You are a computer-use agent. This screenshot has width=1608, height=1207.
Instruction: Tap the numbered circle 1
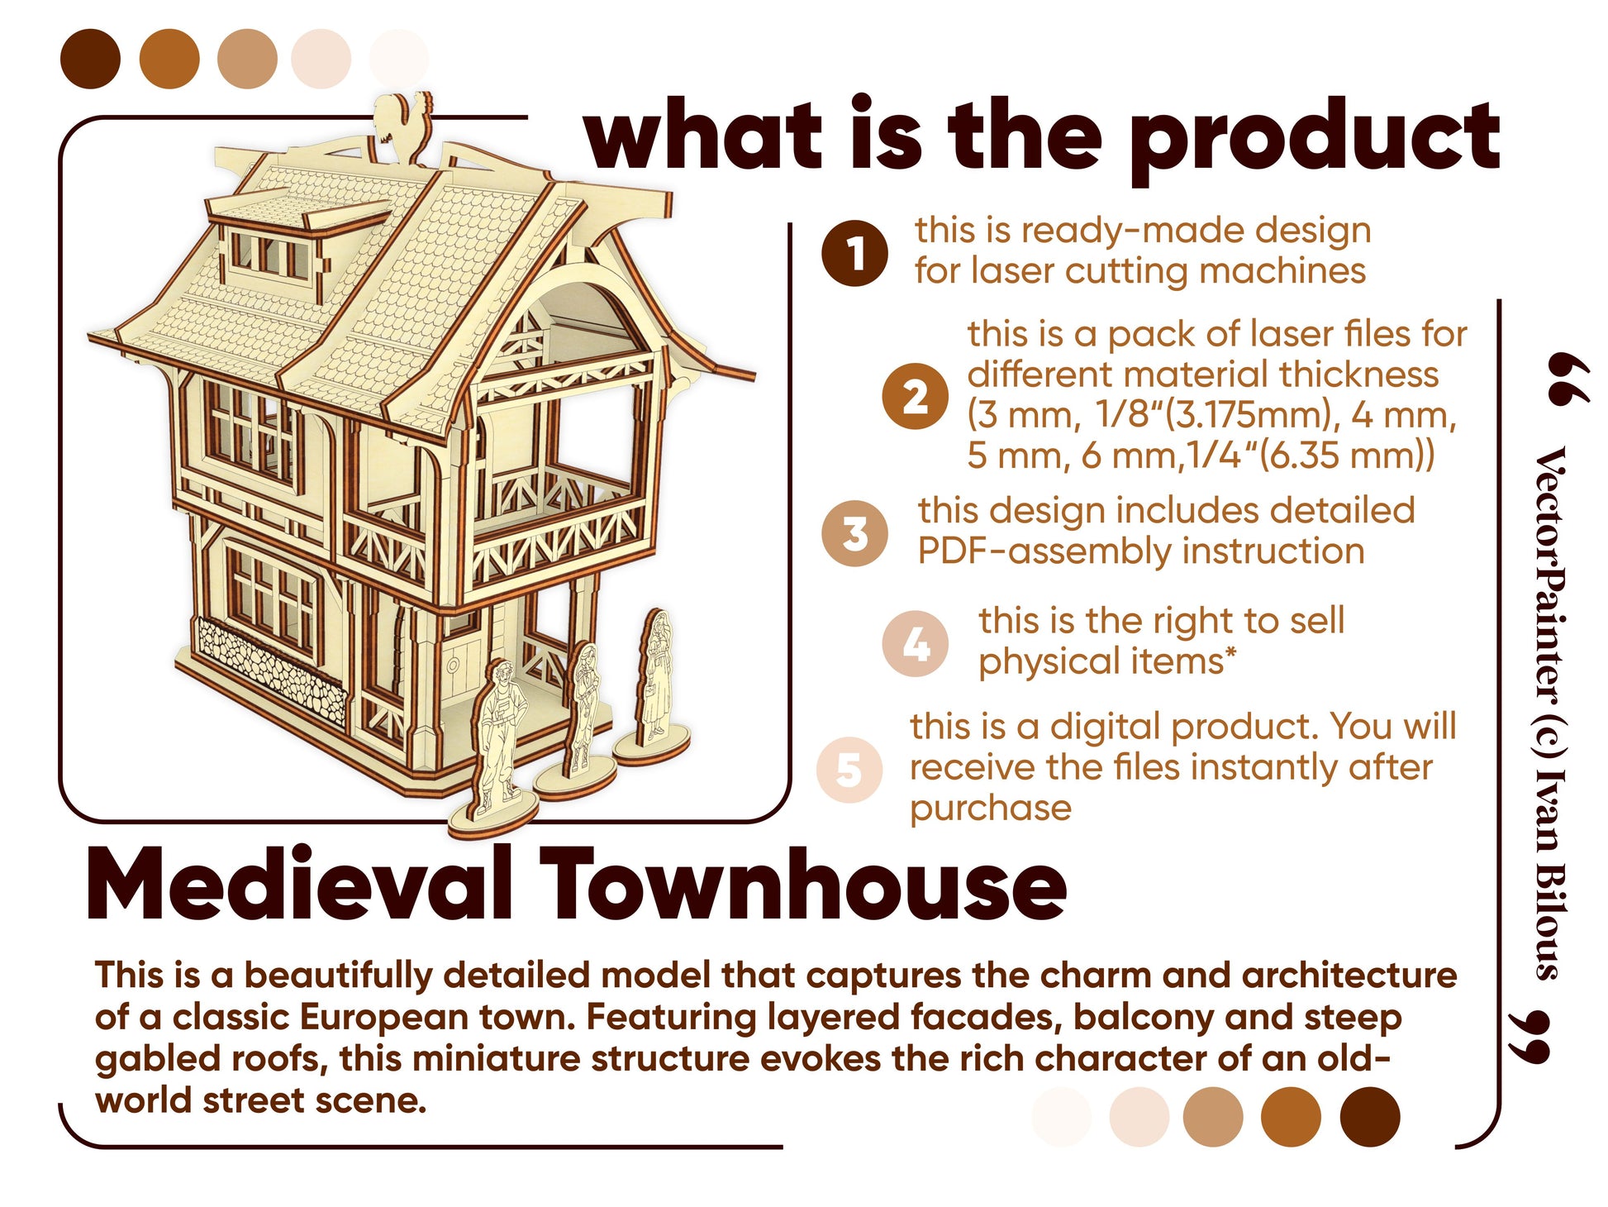[854, 253]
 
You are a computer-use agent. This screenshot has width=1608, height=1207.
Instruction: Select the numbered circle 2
[915, 397]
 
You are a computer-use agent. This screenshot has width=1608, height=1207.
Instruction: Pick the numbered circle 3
[855, 533]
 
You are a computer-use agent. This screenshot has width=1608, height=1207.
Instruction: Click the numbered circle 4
[916, 644]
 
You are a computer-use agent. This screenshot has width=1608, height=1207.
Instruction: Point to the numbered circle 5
[849, 769]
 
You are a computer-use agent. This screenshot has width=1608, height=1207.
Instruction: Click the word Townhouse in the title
[803, 885]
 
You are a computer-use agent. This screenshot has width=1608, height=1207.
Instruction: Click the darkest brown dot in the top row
[90, 59]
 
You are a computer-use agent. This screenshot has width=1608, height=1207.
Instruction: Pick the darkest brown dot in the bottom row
[1369, 1117]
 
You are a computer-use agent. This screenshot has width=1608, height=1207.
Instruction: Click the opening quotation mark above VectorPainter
[1565, 379]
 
